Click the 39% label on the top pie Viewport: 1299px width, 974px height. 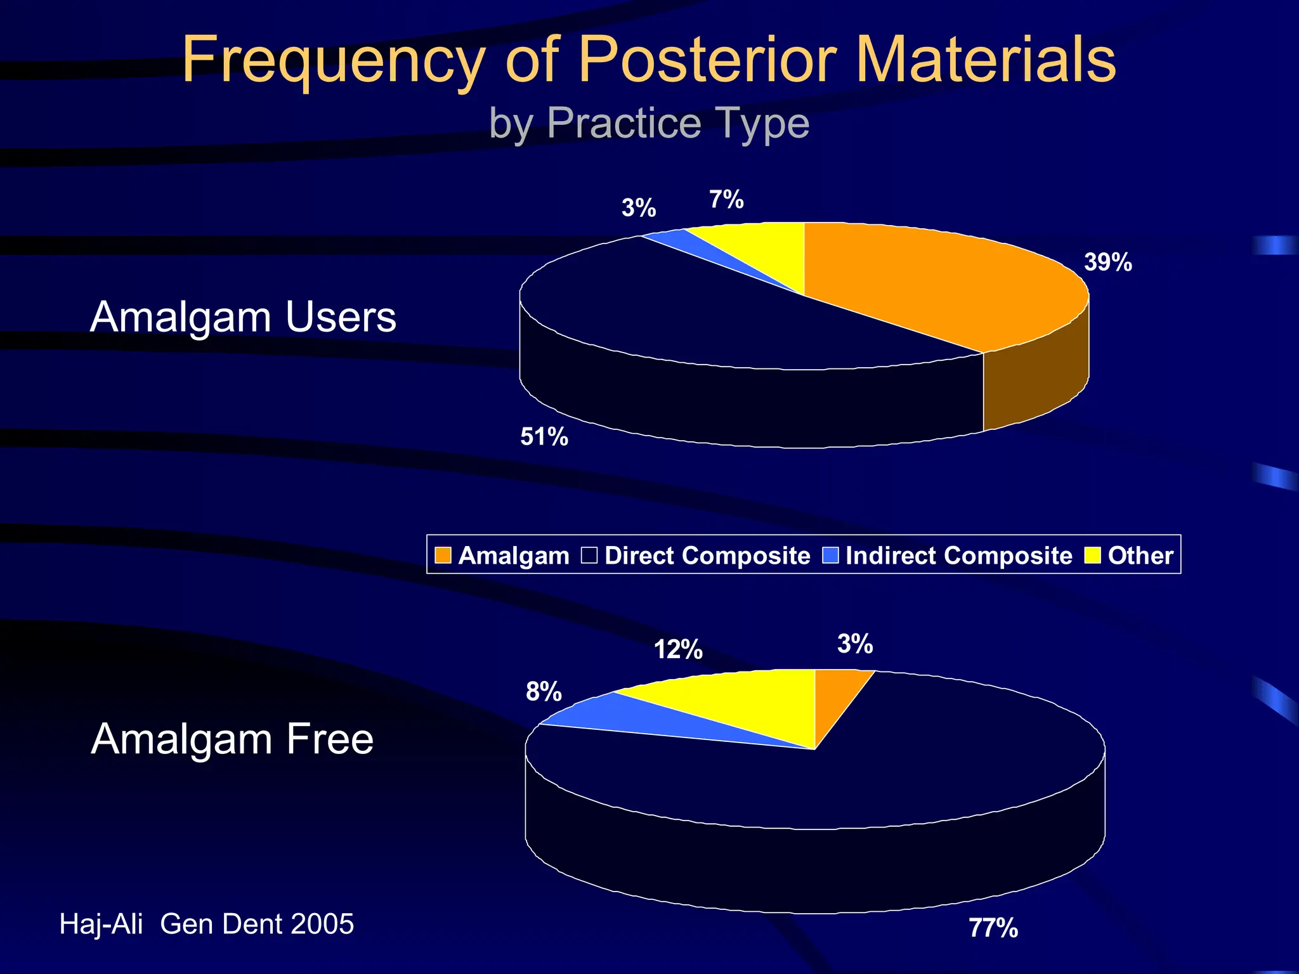pos(1107,262)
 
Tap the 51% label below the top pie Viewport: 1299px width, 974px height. pos(544,437)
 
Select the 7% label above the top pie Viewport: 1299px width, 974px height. pos(726,200)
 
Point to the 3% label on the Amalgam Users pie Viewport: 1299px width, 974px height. pos(638,208)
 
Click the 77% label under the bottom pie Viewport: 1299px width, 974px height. pos(993,928)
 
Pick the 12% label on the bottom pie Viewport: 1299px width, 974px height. pos(678,649)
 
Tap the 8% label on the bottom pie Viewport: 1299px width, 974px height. pos(544,691)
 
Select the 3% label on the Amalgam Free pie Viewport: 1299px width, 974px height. pos(855,644)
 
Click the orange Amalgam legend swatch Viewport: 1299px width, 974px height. pos(443,555)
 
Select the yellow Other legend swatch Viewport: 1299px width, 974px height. pos(1092,555)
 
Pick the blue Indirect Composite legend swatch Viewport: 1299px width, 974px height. pos(830,555)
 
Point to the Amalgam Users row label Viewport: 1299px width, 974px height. pos(243,316)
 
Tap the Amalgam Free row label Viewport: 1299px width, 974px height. pos(232,739)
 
